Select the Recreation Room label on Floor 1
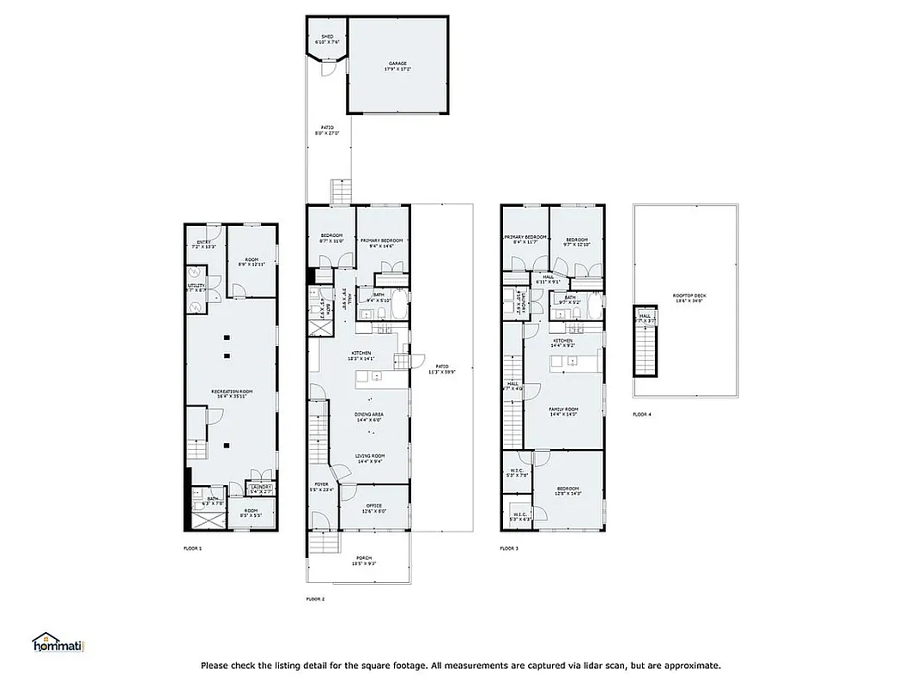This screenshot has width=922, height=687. click(230, 393)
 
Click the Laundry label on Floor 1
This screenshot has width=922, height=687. click(261, 489)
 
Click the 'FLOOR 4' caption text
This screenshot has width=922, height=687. click(642, 414)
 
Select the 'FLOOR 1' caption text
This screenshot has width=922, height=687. click(192, 547)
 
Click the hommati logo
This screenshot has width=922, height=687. click(61, 645)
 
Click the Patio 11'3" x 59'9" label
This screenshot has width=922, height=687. click(441, 370)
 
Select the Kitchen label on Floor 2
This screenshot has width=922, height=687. click(360, 356)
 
